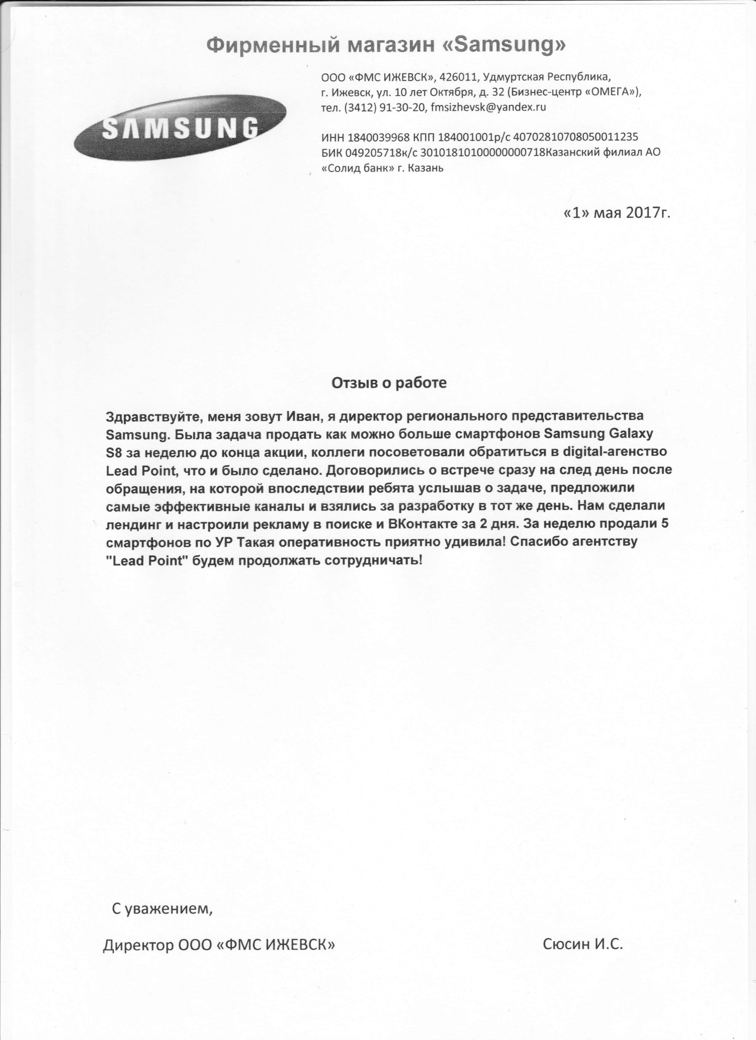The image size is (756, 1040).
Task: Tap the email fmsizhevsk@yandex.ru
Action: point(489,107)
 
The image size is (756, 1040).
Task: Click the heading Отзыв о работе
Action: point(389,383)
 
